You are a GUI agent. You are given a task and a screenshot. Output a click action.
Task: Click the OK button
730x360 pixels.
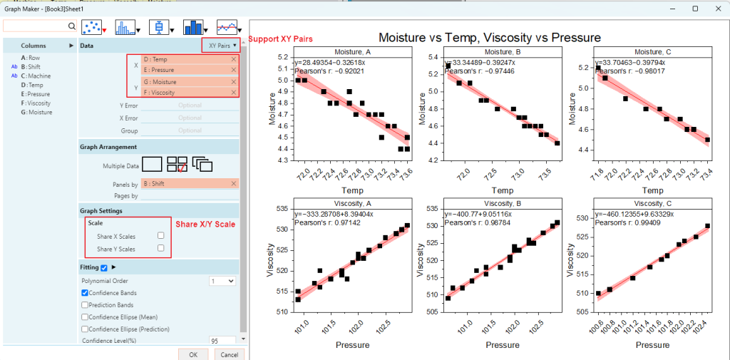pyautogui.click(x=193, y=354)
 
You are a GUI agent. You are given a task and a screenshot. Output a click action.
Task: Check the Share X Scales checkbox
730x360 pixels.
pyautogui.click(x=161, y=235)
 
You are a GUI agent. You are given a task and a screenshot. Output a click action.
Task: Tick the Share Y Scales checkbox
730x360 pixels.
pyautogui.click(x=161, y=249)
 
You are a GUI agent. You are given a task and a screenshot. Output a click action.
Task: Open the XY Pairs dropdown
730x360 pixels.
pyautogui.click(x=222, y=45)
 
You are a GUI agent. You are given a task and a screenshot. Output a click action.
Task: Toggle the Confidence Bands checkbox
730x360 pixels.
pyautogui.click(x=86, y=293)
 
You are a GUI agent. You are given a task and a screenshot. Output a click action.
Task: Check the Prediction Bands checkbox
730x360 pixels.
pyautogui.click(x=86, y=305)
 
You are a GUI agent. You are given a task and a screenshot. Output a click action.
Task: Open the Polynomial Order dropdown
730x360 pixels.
pyautogui.click(x=222, y=281)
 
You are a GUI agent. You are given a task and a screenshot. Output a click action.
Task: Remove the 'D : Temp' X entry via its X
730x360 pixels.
pyautogui.click(x=234, y=60)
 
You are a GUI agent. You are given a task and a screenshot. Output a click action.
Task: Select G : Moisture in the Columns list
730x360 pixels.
pyautogui.click(x=37, y=112)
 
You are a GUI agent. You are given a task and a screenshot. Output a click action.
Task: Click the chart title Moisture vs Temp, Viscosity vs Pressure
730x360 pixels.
pyautogui.click(x=489, y=38)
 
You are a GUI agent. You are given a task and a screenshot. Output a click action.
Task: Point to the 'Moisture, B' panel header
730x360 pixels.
pyautogui.click(x=502, y=52)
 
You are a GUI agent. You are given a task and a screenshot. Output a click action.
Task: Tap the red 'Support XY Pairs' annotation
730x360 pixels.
pyautogui.click(x=280, y=38)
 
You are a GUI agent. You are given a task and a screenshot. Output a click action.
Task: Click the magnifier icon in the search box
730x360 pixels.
pyautogui.click(x=71, y=26)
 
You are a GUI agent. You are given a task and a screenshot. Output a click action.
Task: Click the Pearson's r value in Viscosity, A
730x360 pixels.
pyautogui.click(x=325, y=223)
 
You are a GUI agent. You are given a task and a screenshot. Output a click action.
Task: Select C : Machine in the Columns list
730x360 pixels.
pyautogui.click(x=36, y=76)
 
